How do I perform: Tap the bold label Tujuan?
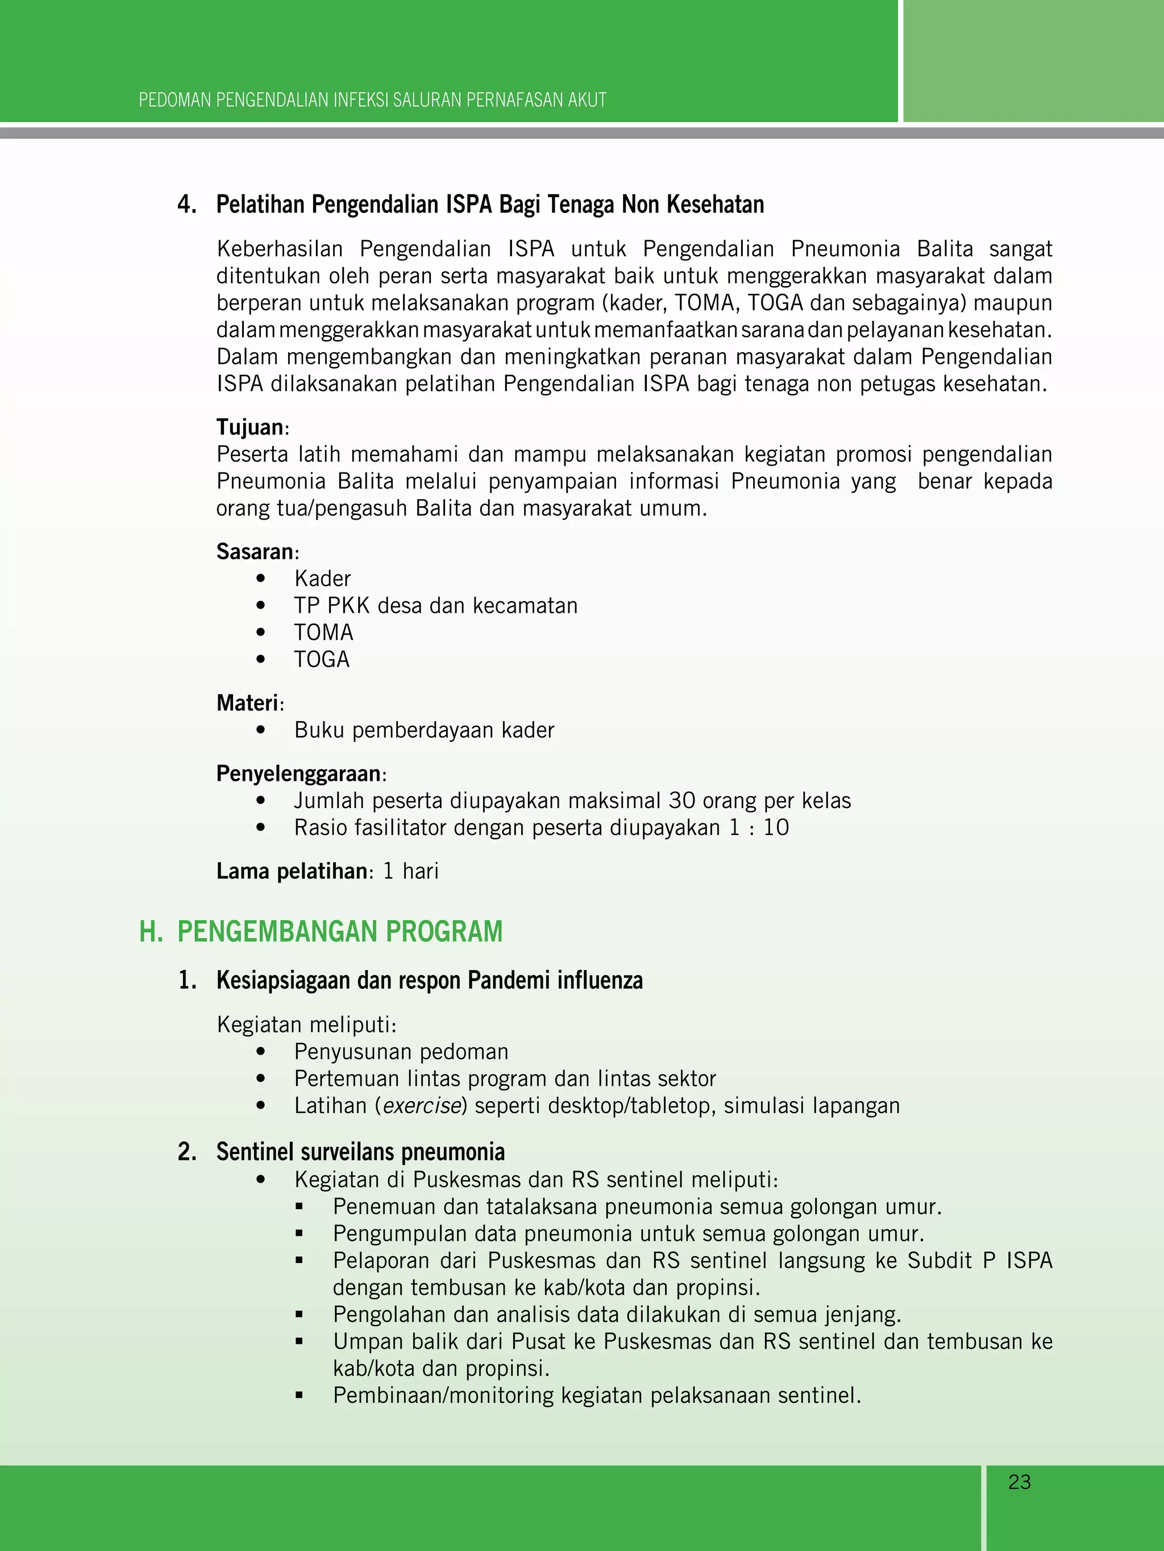pyautogui.click(x=250, y=427)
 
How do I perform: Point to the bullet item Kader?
pyautogui.click(x=322, y=579)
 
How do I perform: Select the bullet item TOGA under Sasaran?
pyautogui.click(x=321, y=659)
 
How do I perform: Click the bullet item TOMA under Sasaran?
pyautogui.click(x=323, y=633)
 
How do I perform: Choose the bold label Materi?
pyautogui.click(x=248, y=703)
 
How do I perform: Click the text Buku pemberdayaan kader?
pyautogui.click(x=424, y=730)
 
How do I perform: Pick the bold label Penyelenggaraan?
pyautogui.click(x=299, y=774)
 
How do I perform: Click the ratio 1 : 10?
pyautogui.click(x=758, y=827)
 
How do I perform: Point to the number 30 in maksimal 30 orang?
pyautogui.click(x=682, y=801)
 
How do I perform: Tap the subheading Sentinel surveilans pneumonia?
pyautogui.click(x=360, y=1151)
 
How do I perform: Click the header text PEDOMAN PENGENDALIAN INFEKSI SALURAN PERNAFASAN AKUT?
pyautogui.click(x=372, y=101)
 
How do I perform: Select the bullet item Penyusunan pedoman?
pyautogui.click(x=401, y=1052)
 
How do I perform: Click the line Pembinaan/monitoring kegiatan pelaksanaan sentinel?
pyautogui.click(x=596, y=1395)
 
